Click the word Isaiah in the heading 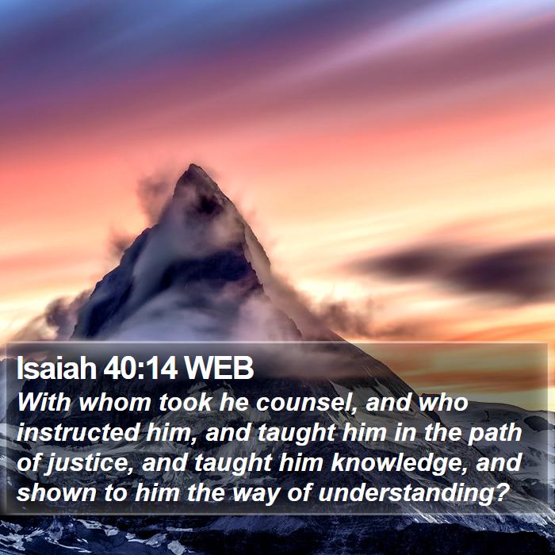56,368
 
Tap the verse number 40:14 140,368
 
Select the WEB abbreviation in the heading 218,368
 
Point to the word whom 115,403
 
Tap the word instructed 77,433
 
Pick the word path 495,434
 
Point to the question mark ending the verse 502,492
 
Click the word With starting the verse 44,403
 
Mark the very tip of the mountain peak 193,165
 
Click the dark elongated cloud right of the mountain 457,268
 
